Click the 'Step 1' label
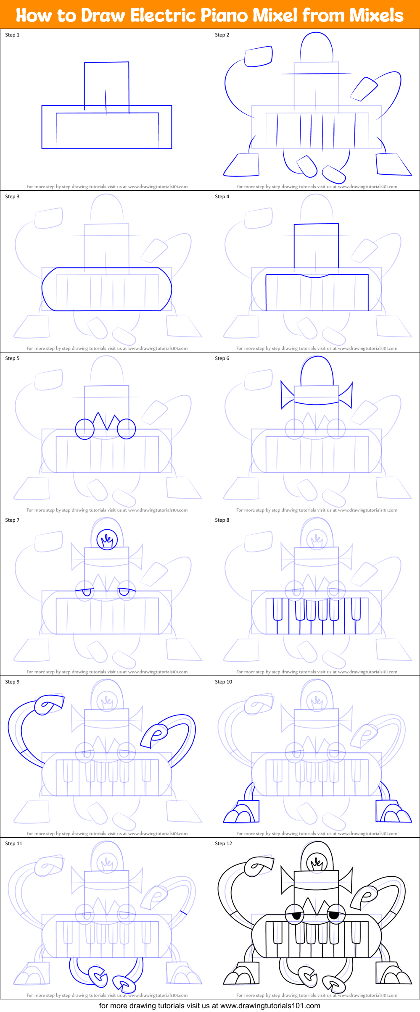pos(12,35)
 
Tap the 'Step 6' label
pos(222,358)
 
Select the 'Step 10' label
pos(223,682)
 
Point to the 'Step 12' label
pos(223,844)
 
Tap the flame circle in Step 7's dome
pos(107,540)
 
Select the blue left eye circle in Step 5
pos(85,429)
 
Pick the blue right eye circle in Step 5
pos(126,429)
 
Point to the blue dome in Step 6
pos(317,371)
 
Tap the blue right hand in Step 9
pos(154,735)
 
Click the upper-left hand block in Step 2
pos(259,56)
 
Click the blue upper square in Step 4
pos(316,246)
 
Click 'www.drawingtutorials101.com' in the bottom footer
pos(270,1006)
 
